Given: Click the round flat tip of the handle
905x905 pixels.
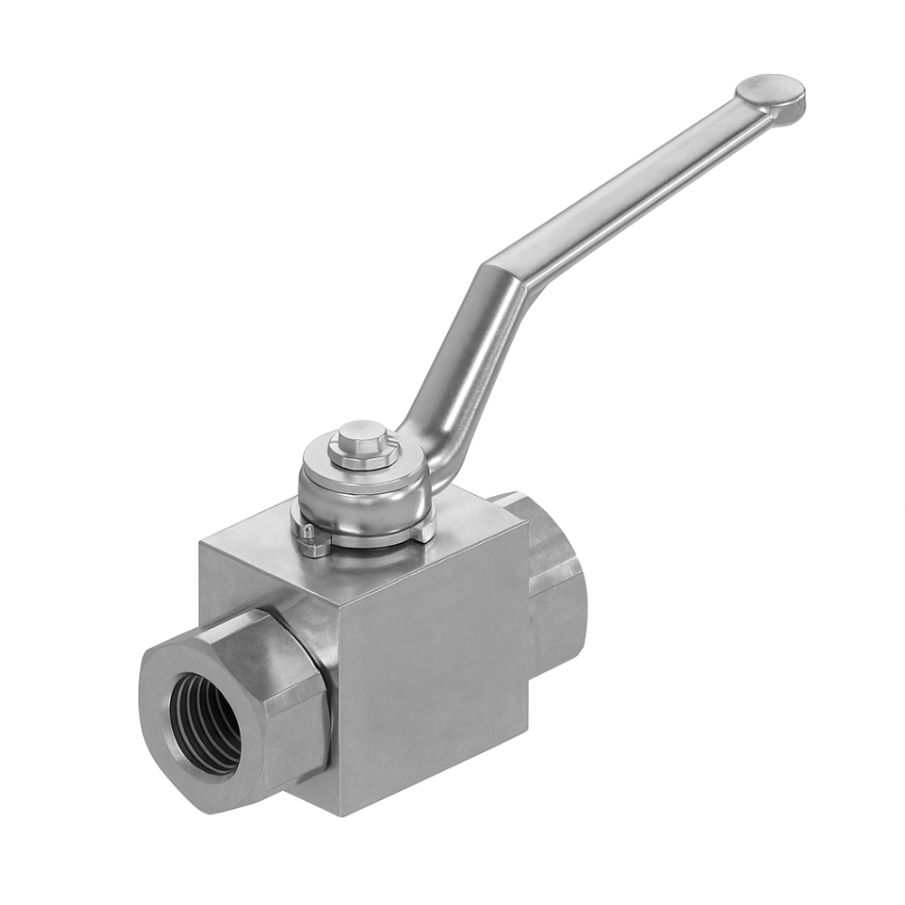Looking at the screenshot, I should point(770,90).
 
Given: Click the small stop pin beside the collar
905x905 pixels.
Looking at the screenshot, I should point(308,534).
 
